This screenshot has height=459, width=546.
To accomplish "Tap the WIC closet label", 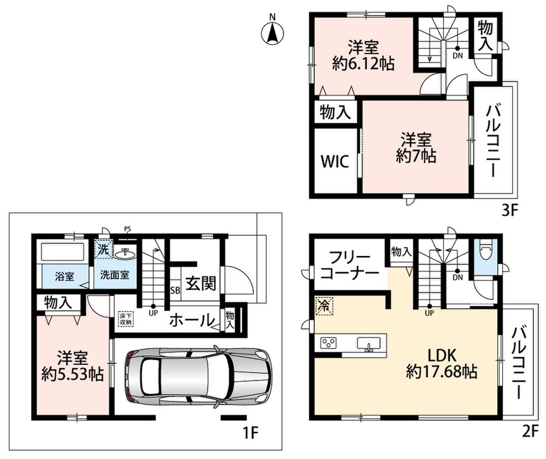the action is pos(335,162).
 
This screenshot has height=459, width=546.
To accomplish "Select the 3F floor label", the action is pos(510,211).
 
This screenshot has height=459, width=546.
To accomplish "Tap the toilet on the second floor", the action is pos(485,249).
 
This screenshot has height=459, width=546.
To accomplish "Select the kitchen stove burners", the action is pos(328,343).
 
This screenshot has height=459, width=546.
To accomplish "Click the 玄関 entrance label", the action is pos(200,283).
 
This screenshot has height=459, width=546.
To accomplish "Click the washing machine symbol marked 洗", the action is pos(103,249).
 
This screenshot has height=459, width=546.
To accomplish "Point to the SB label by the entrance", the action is pos(175,290).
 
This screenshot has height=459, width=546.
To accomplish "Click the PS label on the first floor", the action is pos(128,229).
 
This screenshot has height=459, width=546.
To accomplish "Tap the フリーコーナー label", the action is pos(349,266).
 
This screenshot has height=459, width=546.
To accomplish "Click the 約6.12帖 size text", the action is pos(363,64).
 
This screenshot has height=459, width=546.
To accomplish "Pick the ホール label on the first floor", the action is pos(191,320).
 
